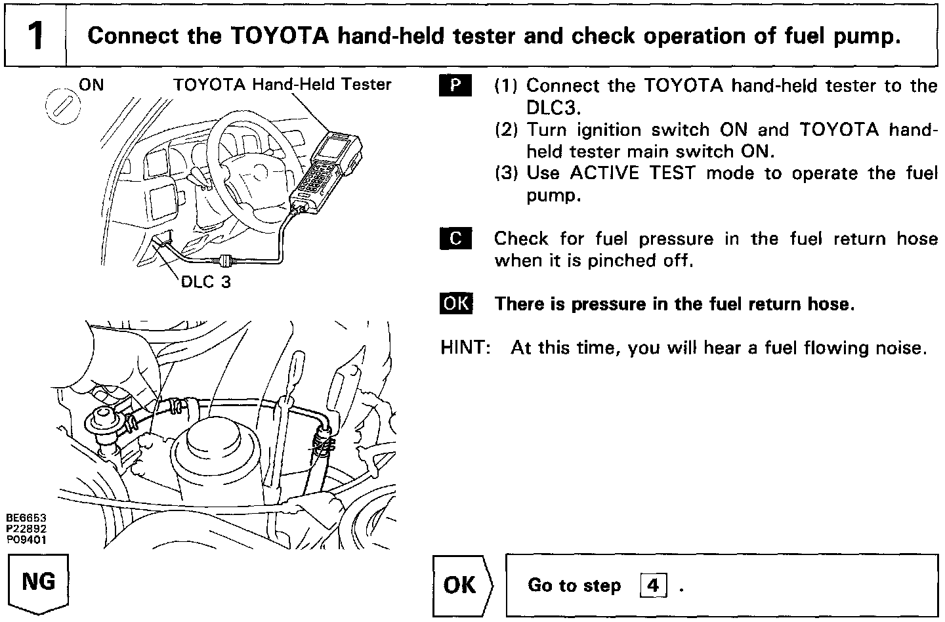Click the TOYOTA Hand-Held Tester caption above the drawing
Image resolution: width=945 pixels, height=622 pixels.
[282, 85]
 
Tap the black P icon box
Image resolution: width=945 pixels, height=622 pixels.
[455, 86]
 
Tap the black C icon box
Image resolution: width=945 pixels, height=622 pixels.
[455, 239]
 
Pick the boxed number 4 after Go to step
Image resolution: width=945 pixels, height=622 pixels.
[652, 585]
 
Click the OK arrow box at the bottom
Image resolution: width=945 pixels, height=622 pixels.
[462, 585]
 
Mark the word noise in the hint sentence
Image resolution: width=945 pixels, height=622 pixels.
[901, 347]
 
